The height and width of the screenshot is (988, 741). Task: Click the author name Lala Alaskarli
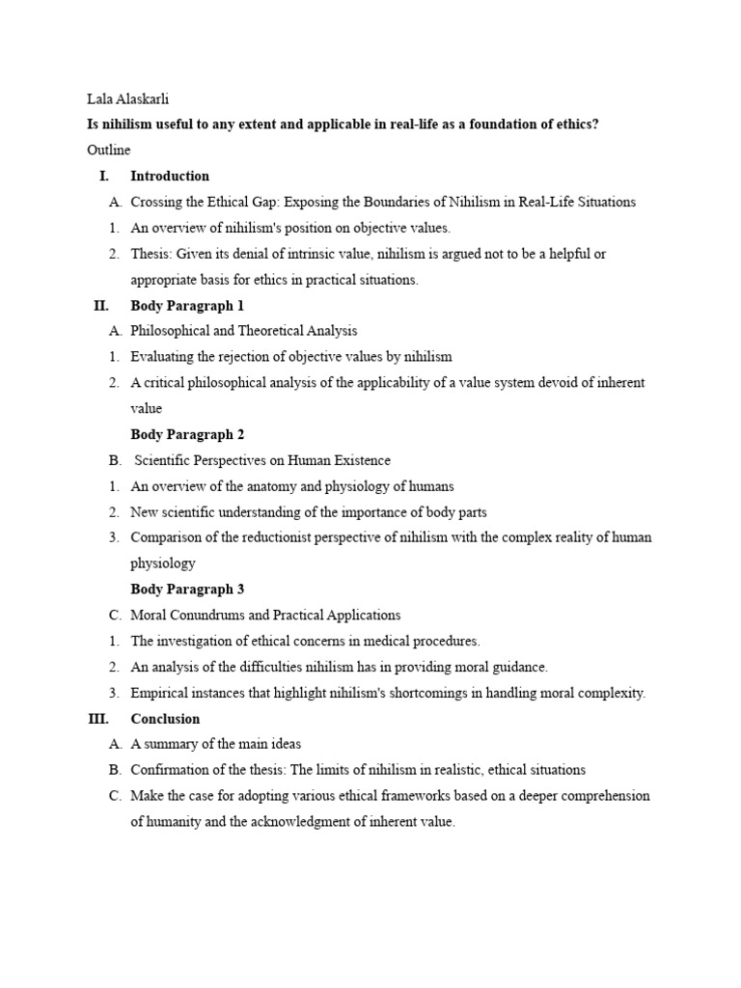[x=129, y=98]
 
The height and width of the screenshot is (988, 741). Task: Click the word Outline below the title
[x=108, y=150]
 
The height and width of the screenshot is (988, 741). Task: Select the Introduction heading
[x=170, y=176]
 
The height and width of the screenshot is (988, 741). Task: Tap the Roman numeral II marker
[x=100, y=305]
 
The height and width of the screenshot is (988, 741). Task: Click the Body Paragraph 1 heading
[x=187, y=305]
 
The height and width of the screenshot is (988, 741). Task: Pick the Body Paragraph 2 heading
[x=187, y=434]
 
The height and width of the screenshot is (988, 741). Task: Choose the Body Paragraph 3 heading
[x=187, y=589]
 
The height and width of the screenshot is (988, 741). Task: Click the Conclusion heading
[x=165, y=718]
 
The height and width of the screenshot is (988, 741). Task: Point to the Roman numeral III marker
[x=99, y=718]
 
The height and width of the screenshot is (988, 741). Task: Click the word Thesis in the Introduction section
[x=151, y=254]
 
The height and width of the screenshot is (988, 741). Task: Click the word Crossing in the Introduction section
[x=154, y=202]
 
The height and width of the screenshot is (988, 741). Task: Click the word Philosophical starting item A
[x=170, y=331]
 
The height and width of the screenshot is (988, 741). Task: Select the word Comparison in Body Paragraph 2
[x=165, y=537]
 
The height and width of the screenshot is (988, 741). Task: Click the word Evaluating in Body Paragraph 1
[x=161, y=357]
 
